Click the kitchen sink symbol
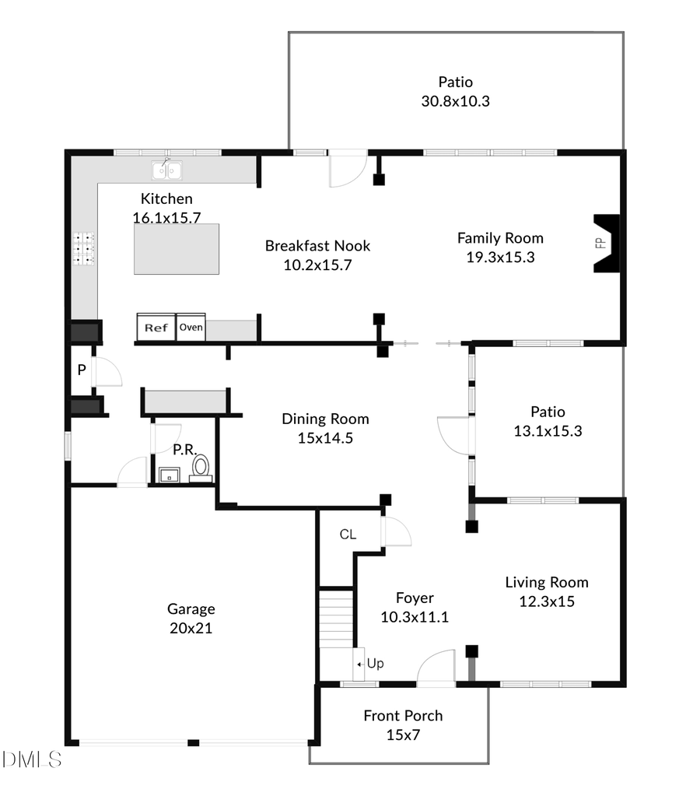click(168, 169)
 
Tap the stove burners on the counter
click(84, 249)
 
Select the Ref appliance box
click(156, 328)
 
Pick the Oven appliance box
click(191, 328)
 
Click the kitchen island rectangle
click(176, 249)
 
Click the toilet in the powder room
click(201, 467)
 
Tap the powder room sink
click(168, 474)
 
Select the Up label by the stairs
click(375, 664)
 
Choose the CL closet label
click(348, 535)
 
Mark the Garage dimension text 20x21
click(191, 628)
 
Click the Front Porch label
click(403, 716)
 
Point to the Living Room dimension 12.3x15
click(547, 601)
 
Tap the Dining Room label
click(325, 419)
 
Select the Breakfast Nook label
click(317, 246)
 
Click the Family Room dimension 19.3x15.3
click(500, 258)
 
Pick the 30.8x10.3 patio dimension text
click(455, 100)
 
